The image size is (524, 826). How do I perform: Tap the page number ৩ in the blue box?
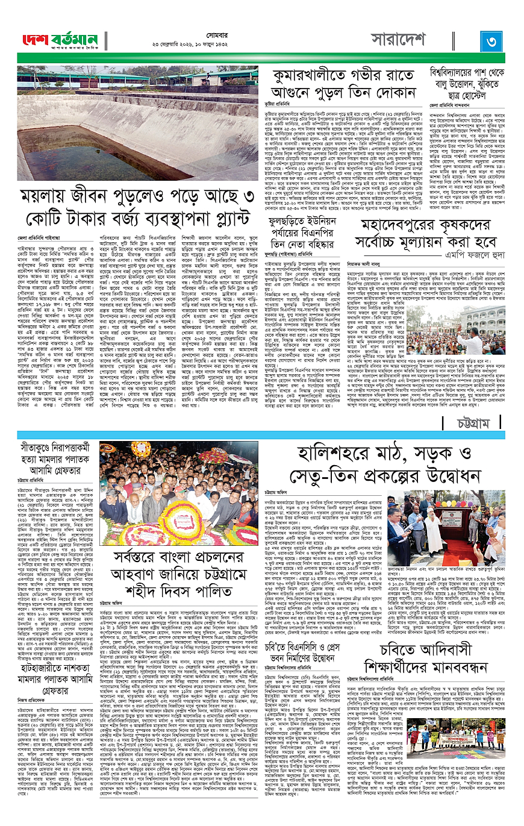coord(491,42)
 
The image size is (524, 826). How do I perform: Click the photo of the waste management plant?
coord(138,123)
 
